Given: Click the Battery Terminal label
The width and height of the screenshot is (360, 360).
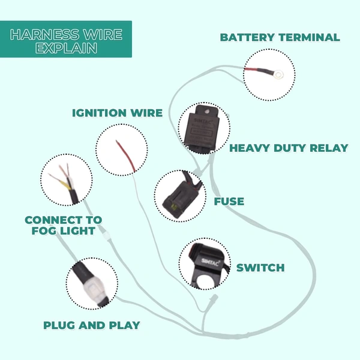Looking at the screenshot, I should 280,37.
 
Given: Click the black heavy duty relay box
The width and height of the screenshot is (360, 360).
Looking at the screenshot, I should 202,129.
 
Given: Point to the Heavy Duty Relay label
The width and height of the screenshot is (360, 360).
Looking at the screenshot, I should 289,148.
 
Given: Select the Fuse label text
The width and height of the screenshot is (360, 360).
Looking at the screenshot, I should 229,202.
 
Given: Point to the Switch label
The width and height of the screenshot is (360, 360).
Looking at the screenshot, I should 260,268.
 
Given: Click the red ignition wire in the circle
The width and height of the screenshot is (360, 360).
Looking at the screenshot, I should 124,150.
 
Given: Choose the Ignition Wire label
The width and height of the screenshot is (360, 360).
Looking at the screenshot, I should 117,113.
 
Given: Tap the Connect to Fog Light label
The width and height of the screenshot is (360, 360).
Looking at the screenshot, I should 63,225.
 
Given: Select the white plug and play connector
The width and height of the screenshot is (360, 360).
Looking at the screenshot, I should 92,284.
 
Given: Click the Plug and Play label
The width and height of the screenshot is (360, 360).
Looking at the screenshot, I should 91,325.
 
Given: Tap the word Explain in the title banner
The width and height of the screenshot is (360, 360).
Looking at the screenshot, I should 67,49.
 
